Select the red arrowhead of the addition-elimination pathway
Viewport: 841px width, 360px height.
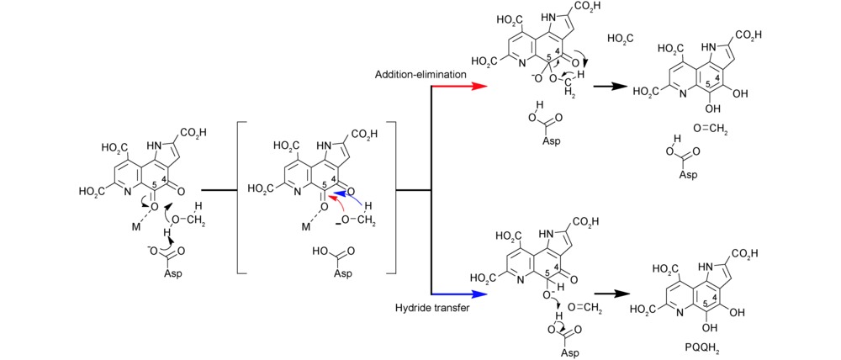point(482,86)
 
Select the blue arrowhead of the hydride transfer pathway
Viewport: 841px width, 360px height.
point(482,295)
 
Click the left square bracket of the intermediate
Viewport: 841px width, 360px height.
point(243,197)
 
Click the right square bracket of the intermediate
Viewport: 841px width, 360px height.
point(390,197)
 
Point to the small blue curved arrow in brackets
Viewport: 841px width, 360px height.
point(352,199)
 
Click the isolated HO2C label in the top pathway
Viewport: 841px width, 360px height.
point(620,39)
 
